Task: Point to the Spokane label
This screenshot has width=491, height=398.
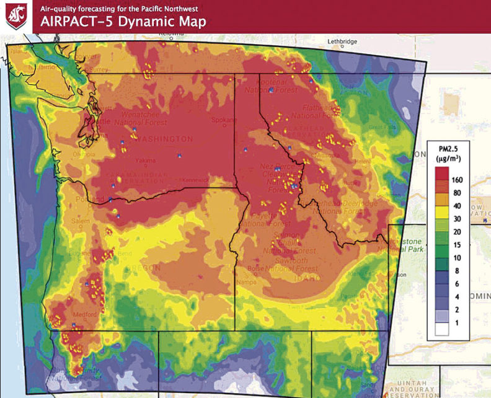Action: pyautogui.click(x=221, y=120)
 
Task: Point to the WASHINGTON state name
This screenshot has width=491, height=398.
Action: pyautogui.click(x=165, y=138)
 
